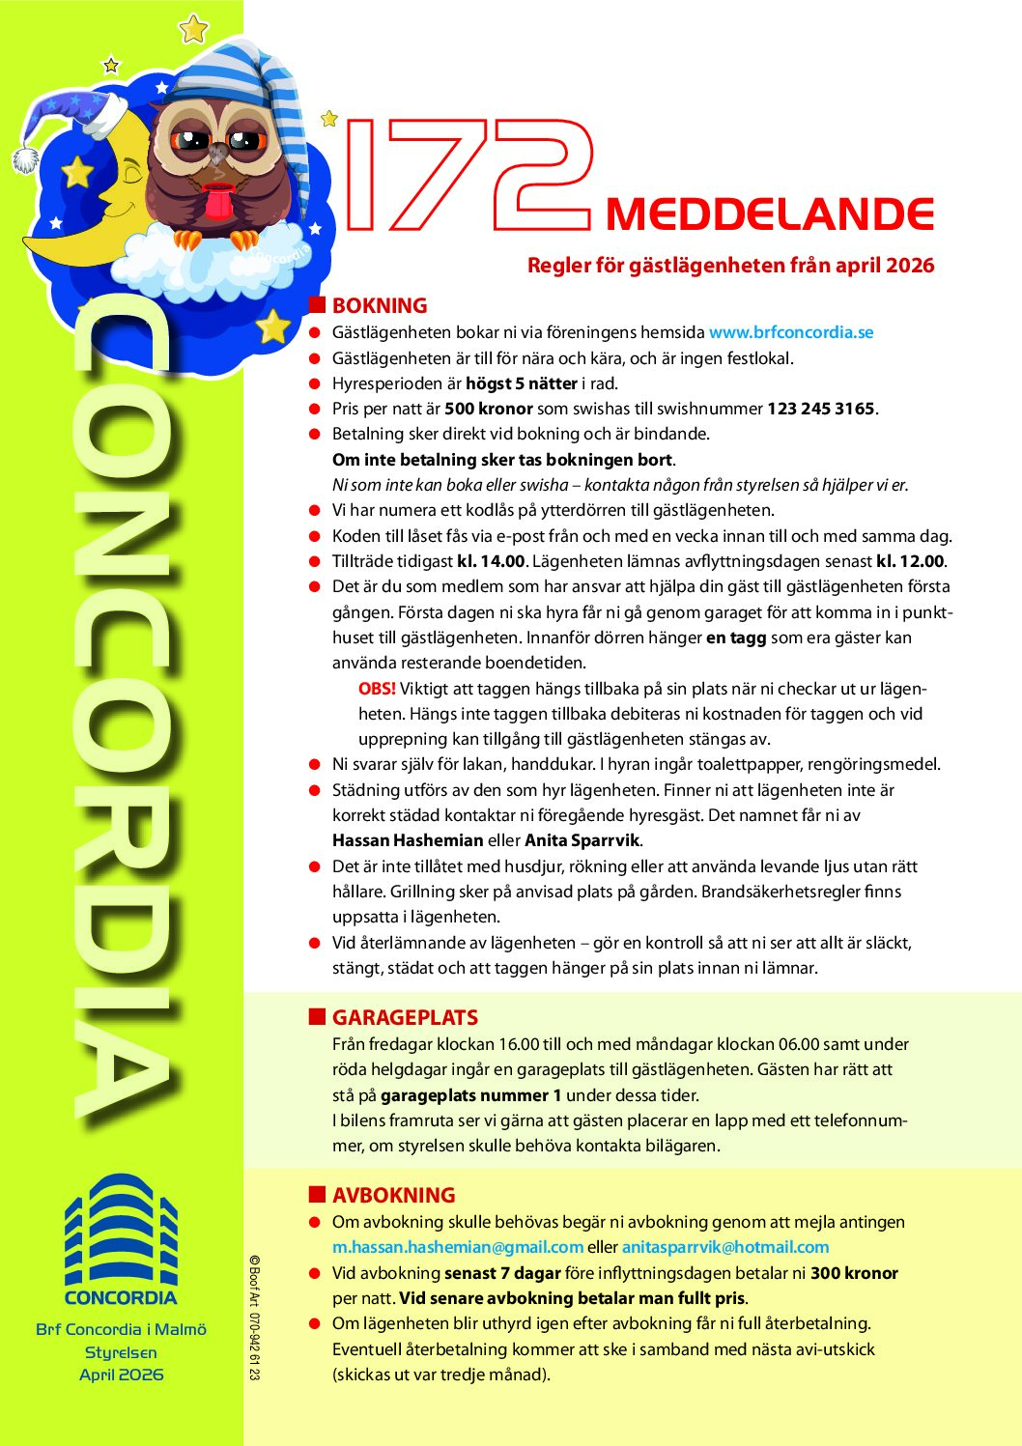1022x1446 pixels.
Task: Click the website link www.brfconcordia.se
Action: tap(790, 332)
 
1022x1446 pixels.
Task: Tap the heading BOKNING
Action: tap(380, 306)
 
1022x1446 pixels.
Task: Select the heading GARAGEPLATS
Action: tap(405, 1018)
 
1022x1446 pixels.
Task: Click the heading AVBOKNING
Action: tap(393, 1196)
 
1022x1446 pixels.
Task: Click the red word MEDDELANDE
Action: tap(770, 214)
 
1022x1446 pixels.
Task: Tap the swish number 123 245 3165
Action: tap(820, 409)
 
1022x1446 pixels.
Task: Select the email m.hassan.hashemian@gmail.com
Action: tap(457, 1247)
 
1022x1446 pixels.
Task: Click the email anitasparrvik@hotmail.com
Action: tap(725, 1247)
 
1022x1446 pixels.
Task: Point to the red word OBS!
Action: tap(377, 689)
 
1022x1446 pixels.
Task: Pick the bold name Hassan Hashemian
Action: tap(408, 840)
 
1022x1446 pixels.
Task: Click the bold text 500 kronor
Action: tap(489, 409)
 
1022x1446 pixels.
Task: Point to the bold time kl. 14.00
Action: tap(491, 561)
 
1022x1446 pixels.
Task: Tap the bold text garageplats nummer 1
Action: tap(470, 1095)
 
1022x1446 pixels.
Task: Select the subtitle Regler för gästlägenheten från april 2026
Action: tap(730, 266)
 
